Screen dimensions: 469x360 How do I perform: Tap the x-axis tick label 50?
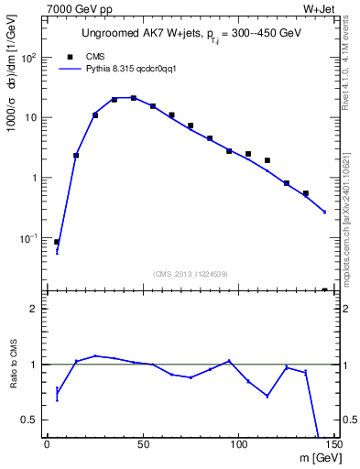[142, 445]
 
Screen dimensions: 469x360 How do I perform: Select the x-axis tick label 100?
[238, 445]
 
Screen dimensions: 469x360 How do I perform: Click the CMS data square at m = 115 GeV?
[267, 160]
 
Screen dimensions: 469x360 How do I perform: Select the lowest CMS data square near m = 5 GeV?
[57, 242]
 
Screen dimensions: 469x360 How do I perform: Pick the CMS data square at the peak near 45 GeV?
[133, 98]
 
